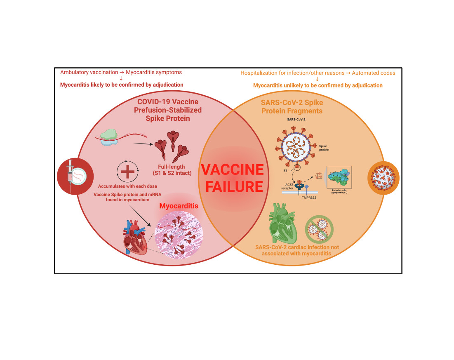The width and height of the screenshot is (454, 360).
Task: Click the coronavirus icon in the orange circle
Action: (x=383, y=176)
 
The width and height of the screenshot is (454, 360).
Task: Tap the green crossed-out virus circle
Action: (x=319, y=232)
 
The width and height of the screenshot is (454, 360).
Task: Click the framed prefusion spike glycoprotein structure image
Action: (x=339, y=179)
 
